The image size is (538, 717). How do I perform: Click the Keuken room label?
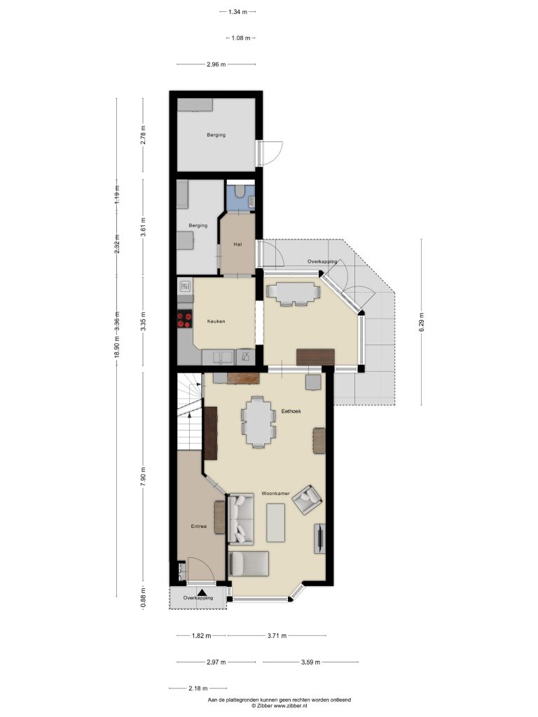point(216,321)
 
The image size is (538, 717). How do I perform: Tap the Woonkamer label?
point(275,494)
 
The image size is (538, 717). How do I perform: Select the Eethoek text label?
point(291,411)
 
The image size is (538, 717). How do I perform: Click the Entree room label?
point(198,527)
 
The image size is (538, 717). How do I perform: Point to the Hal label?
point(237,244)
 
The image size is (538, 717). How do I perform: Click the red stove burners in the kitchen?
point(185,319)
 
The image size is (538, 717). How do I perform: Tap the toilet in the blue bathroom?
point(240,192)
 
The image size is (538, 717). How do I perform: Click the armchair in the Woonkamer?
point(307,500)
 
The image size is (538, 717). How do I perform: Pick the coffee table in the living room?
point(276,522)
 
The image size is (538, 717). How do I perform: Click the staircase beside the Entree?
point(189,411)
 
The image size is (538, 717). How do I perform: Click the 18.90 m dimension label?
point(117,349)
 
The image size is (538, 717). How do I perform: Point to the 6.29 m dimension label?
point(421,322)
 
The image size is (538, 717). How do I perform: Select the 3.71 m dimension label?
point(277,635)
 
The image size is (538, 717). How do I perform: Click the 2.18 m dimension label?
point(198,688)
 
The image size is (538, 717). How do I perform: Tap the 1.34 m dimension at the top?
point(237,12)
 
